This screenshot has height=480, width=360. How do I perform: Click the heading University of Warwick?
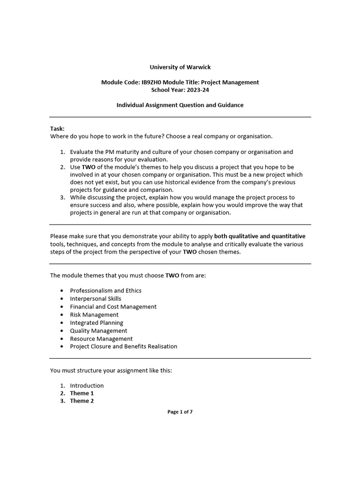[x=180, y=67]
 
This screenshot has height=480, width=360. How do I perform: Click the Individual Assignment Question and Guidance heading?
[x=180, y=105]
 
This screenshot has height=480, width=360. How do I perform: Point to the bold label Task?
[x=57, y=128]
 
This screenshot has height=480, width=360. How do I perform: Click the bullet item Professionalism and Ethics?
[x=105, y=291]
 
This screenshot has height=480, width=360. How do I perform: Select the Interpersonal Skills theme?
[x=96, y=299]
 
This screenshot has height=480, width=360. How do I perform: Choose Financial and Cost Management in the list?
[x=113, y=307]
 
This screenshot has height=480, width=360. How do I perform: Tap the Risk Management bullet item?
[x=94, y=315]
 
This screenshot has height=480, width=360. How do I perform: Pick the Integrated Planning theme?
[x=97, y=322]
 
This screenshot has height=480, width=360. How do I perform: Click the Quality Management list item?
[x=98, y=330]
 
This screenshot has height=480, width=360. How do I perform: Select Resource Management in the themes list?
[x=101, y=338]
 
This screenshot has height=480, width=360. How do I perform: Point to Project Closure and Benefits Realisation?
[x=124, y=346]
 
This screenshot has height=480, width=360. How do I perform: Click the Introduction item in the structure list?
[x=87, y=386]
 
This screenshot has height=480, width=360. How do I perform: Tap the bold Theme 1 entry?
[x=82, y=393]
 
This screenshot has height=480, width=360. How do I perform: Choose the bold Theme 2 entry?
[x=82, y=401]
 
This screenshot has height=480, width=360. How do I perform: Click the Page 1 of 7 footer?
[x=180, y=412]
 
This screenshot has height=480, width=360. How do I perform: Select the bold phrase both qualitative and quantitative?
[x=260, y=236]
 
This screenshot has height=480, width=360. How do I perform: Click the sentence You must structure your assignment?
[x=111, y=371]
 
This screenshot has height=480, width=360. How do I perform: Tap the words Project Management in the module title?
[x=233, y=82]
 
